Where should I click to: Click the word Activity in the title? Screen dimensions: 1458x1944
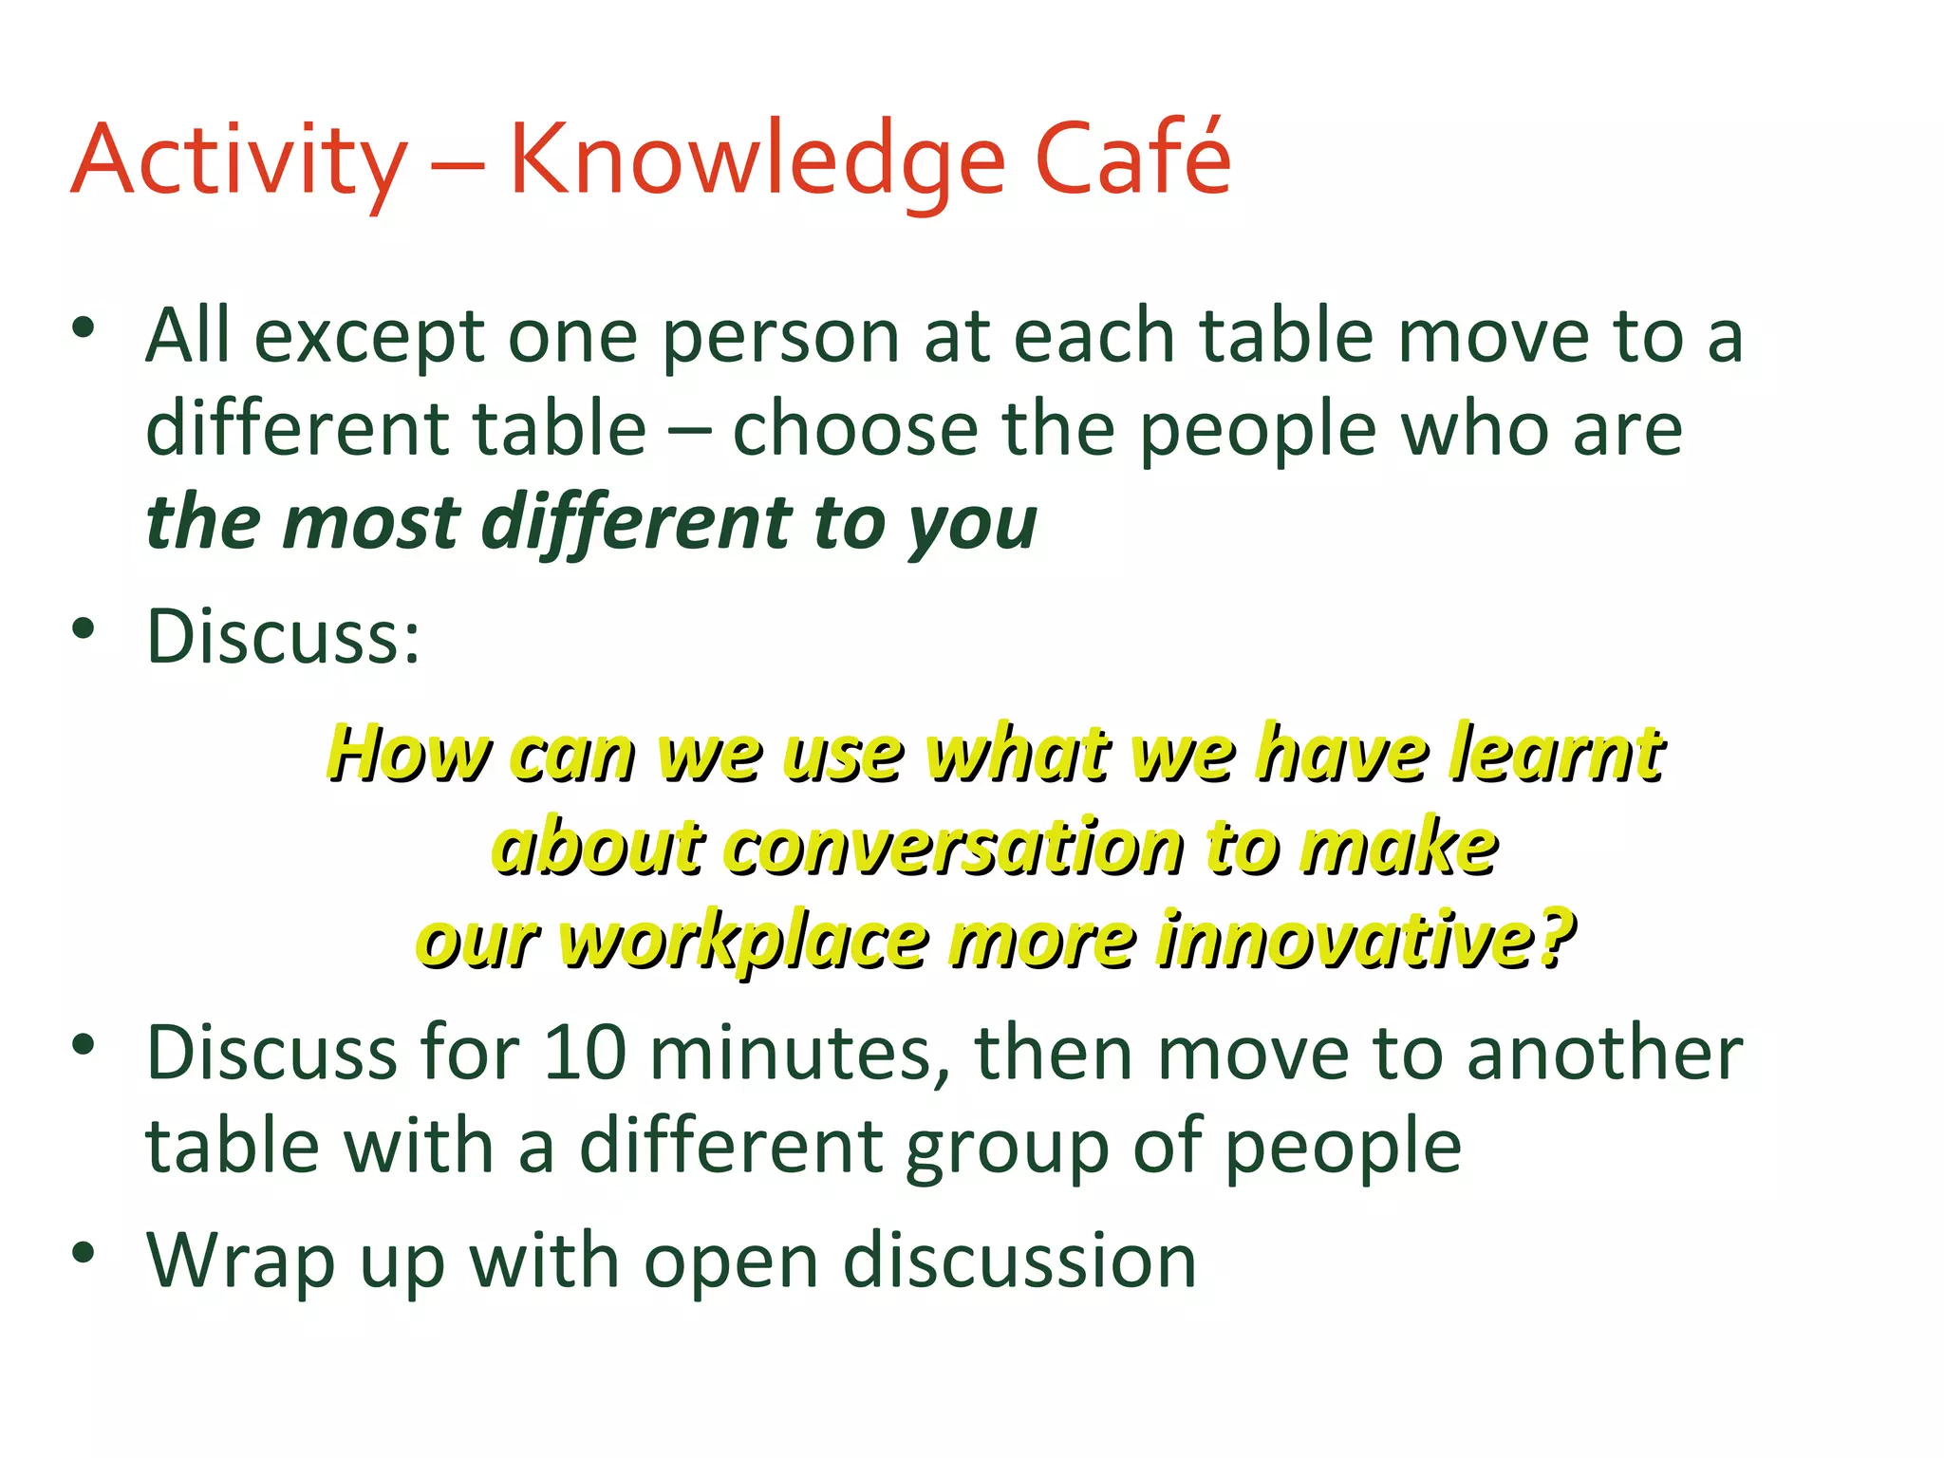(x=239, y=161)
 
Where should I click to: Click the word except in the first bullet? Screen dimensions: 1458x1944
(x=371, y=339)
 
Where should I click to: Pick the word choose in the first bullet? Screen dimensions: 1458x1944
(x=854, y=430)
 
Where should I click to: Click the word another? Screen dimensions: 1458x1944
(x=1604, y=1054)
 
